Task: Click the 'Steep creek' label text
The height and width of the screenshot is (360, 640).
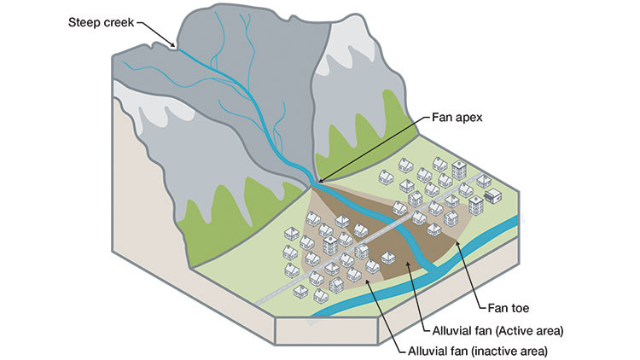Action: (x=101, y=20)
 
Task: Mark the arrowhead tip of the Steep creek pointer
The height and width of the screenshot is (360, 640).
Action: (x=174, y=46)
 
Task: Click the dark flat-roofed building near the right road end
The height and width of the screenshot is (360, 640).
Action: (x=492, y=195)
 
